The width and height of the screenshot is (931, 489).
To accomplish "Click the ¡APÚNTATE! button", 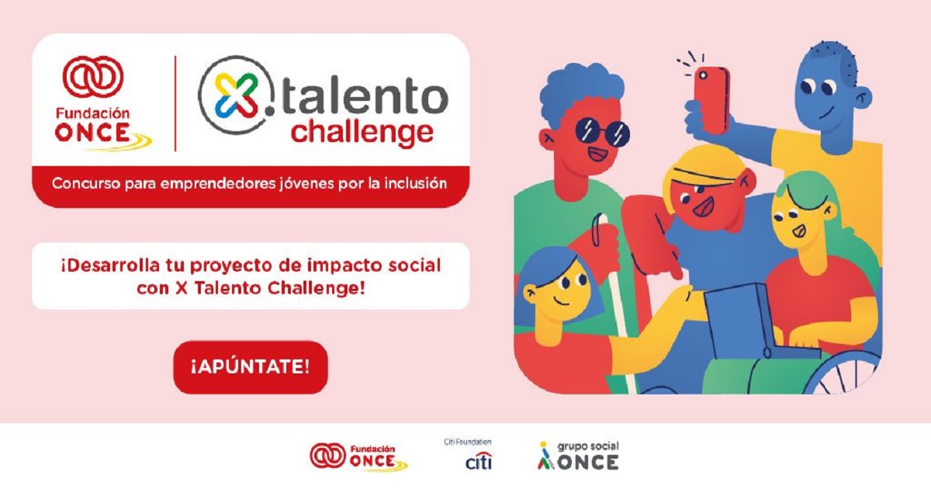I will (x=251, y=366).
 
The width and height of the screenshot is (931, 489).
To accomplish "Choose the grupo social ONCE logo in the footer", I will (x=579, y=456).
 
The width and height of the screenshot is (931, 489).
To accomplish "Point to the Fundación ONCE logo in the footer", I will (x=358, y=456).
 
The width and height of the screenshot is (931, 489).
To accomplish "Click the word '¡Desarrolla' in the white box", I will (x=102, y=265).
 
